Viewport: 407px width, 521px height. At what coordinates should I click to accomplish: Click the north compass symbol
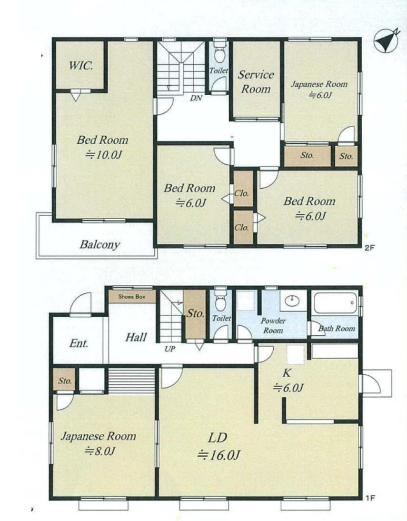pos(386,41)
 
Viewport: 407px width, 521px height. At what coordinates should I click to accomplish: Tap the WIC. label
pos(81,65)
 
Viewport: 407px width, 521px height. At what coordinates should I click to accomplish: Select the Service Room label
pos(256,82)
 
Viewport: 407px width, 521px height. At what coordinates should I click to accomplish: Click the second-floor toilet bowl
pos(219,55)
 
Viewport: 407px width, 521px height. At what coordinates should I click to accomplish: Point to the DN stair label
pos(196,98)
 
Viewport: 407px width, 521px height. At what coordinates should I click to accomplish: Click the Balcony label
pos(99,245)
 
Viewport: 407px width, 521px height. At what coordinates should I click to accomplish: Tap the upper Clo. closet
pos(243,189)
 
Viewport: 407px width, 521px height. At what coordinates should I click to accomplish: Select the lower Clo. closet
pos(243,227)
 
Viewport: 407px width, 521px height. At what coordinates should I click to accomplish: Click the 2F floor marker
pos(369,248)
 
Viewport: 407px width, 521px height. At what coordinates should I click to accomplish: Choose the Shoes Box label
pos(132,296)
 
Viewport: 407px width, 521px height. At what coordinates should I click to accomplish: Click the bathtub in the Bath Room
pos(336,302)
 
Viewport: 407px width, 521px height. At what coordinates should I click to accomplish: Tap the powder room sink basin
pos(292,301)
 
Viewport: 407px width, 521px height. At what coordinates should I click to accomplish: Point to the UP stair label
pos(170,349)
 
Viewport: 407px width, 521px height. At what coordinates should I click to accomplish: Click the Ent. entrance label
pos(79,343)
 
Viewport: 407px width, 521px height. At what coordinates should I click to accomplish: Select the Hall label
pos(136,337)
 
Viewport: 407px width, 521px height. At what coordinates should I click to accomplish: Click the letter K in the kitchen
pos(287,373)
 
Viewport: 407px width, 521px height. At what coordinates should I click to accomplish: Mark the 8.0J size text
pos(99,451)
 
